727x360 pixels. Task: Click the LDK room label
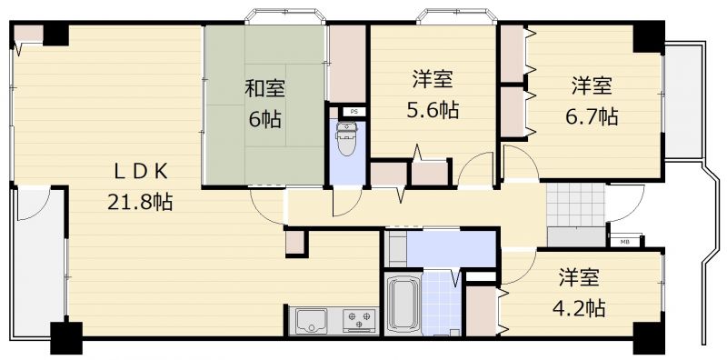(141, 172)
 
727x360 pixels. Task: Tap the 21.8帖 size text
(140, 202)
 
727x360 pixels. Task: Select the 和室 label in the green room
(264, 88)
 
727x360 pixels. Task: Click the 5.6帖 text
(433, 110)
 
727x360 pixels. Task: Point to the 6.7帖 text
(592, 116)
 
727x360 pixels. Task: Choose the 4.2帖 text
(579, 307)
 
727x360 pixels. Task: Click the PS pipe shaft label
(354, 111)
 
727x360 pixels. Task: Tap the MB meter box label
(625, 241)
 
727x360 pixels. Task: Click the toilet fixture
(346, 138)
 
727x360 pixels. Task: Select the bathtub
(403, 304)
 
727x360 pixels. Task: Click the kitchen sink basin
(312, 320)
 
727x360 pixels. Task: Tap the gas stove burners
(359, 320)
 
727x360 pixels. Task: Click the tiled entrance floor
(576, 205)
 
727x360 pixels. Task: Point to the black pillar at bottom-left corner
(66, 338)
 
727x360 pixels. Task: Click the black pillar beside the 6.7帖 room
(649, 37)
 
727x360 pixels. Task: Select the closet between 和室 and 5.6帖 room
(347, 64)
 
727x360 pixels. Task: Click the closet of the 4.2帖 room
(482, 311)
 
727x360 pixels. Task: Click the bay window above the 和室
(285, 15)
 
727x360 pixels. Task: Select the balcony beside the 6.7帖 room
(685, 101)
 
